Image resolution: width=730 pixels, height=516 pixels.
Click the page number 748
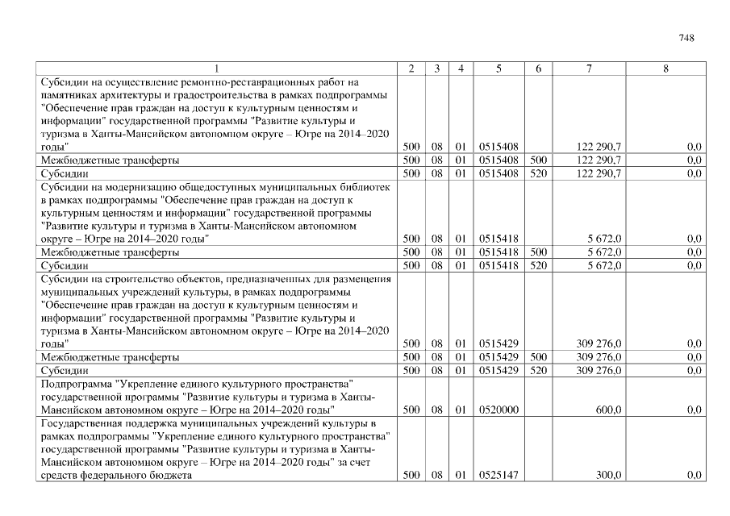pyautogui.click(x=686, y=38)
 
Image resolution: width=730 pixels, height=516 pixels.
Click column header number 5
pyautogui.click(x=498, y=69)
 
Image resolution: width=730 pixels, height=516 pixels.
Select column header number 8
pyautogui.click(x=665, y=69)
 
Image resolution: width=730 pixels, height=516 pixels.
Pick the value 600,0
pyautogui.click(x=607, y=410)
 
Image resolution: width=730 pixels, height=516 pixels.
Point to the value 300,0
pyautogui.click(x=607, y=476)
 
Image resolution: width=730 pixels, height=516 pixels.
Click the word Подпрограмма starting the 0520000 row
pyautogui.click(x=77, y=383)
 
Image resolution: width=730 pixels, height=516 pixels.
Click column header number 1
pyautogui.click(x=218, y=69)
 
